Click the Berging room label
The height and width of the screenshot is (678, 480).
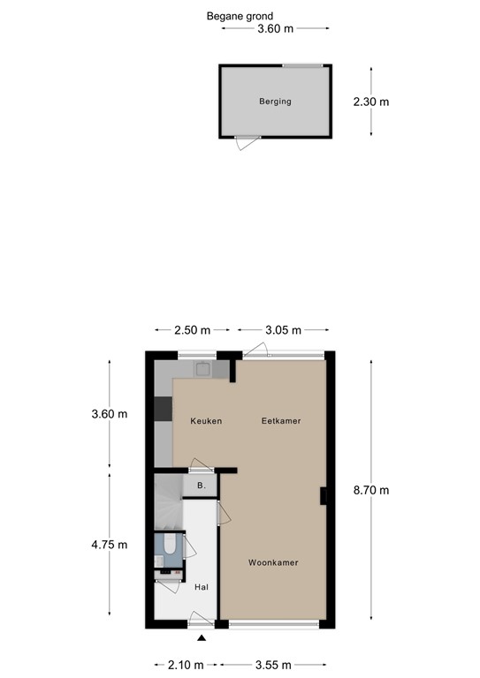(x=275, y=102)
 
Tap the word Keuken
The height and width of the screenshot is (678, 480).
(x=206, y=421)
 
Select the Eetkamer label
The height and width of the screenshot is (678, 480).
(x=281, y=421)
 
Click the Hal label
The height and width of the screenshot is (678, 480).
(x=201, y=585)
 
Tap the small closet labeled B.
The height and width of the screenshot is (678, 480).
(x=201, y=486)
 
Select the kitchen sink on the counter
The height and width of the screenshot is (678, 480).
(x=205, y=370)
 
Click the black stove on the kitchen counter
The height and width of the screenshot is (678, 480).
(x=163, y=410)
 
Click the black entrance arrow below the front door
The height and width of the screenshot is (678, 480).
(x=202, y=638)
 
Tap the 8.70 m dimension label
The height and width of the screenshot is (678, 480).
(x=371, y=491)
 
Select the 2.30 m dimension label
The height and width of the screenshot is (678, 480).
(x=370, y=102)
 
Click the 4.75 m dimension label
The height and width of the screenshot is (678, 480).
(x=110, y=545)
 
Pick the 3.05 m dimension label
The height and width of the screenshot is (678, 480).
(x=283, y=330)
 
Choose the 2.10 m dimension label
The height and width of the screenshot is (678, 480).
(x=186, y=665)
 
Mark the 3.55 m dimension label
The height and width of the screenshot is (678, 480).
(x=274, y=665)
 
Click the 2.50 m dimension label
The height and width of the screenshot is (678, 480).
(x=193, y=330)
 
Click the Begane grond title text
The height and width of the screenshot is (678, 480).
(x=240, y=16)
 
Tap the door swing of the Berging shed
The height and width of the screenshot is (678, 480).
(x=243, y=143)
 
